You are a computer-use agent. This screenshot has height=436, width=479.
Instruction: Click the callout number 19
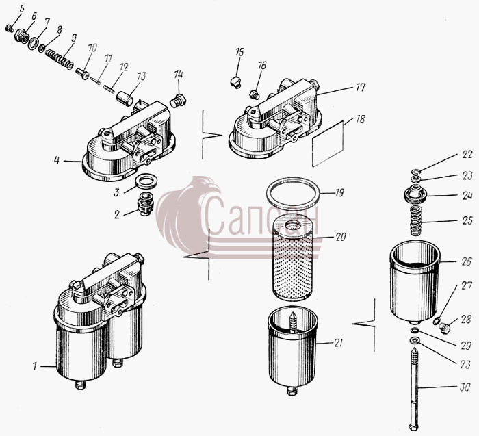[x=339, y=193]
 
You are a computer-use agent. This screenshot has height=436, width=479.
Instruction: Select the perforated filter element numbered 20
[x=292, y=261]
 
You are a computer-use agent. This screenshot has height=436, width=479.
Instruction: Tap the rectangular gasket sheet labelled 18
[x=328, y=144]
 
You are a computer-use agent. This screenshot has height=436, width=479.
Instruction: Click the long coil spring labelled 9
[x=60, y=59]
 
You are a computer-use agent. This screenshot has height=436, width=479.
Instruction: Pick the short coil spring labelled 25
[x=415, y=220]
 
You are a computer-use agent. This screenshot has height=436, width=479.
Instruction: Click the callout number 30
[x=465, y=387]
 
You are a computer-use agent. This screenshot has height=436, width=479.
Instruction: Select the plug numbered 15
[x=235, y=83]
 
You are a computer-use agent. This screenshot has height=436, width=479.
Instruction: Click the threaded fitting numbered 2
[x=145, y=204]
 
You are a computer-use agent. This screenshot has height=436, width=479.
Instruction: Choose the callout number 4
[x=57, y=160]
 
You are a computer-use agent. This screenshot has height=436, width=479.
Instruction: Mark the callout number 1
[x=35, y=366]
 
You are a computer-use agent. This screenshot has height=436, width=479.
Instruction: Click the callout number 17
[x=360, y=88]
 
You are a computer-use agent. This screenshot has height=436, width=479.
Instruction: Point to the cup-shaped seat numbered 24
[x=415, y=194]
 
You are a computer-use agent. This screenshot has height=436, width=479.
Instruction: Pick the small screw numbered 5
[x=9, y=29]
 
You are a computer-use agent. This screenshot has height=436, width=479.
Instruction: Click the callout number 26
[x=466, y=262]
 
